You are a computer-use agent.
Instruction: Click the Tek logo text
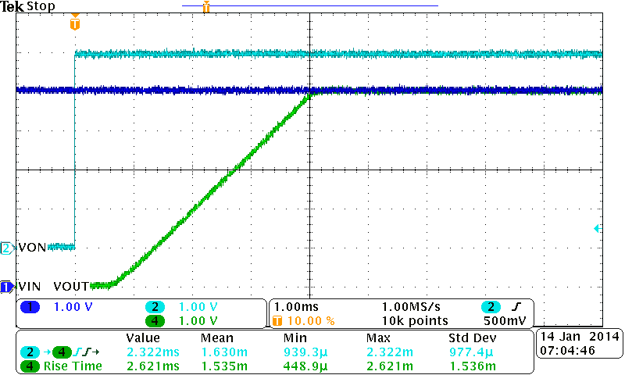click(12, 6)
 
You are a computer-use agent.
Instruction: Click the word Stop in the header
click(41, 6)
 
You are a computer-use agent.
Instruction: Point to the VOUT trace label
click(71, 287)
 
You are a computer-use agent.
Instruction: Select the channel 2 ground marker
click(7, 248)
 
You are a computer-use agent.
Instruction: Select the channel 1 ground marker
click(7, 287)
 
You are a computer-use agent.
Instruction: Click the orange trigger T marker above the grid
click(74, 23)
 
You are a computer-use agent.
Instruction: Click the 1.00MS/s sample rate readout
click(410, 307)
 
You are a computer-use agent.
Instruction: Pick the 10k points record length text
click(414, 321)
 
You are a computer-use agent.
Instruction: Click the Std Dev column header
click(472, 338)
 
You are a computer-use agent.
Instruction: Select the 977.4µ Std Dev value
click(471, 352)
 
